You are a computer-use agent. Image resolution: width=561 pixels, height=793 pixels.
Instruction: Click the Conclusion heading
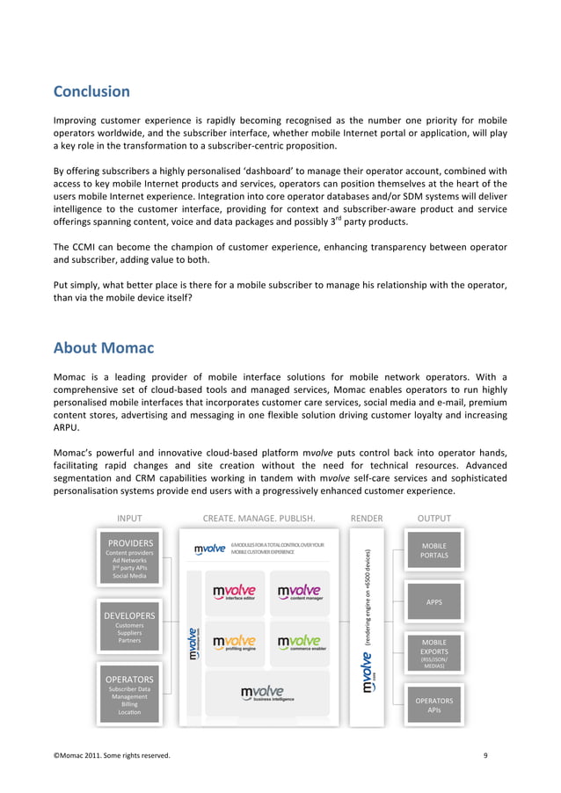tap(91, 91)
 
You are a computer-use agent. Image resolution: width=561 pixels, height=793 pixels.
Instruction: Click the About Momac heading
tap(104, 348)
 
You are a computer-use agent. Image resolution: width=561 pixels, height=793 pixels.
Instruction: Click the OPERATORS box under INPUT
tap(129, 695)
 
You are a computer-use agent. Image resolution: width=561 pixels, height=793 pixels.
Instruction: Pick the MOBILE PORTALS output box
tap(433, 550)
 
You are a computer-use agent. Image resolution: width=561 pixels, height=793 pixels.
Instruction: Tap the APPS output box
tap(433, 602)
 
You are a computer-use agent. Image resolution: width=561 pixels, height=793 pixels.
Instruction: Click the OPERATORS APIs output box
tap(433, 705)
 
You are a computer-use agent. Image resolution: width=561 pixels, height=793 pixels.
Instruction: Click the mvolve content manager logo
tap(299, 593)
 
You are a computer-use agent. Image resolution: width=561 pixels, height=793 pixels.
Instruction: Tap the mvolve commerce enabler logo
tap(299, 644)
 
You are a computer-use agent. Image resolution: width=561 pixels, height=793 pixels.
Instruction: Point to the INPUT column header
tap(129, 518)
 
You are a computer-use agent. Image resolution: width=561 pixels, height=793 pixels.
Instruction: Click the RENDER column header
tap(366, 518)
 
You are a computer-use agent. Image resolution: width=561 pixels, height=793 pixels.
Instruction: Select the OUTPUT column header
tap(433, 518)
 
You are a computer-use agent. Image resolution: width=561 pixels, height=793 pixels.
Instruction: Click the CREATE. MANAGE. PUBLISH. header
tap(259, 518)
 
